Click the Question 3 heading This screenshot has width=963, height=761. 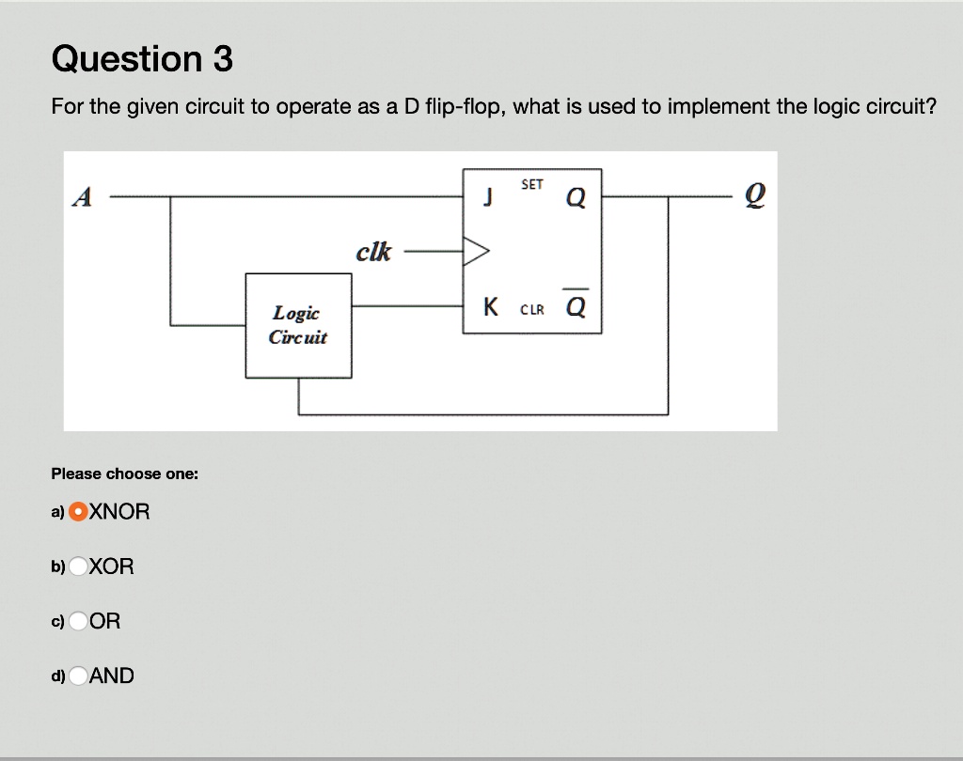(x=142, y=59)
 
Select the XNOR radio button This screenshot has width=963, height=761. (x=80, y=512)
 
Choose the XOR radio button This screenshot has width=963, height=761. (x=80, y=567)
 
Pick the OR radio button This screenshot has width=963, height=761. (x=80, y=621)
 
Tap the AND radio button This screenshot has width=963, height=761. (x=80, y=676)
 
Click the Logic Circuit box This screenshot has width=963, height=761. (x=298, y=325)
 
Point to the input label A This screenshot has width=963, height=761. (x=83, y=197)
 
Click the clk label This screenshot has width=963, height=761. (x=373, y=252)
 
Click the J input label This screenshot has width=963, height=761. (x=487, y=197)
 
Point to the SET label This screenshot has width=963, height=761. (x=531, y=185)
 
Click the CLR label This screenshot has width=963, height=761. (x=531, y=308)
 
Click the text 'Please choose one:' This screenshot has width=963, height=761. (x=124, y=474)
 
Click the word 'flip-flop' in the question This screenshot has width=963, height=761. (x=464, y=106)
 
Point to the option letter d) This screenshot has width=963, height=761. (x=58, y=676)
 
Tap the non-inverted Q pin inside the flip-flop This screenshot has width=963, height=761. (x=576, y=197)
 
